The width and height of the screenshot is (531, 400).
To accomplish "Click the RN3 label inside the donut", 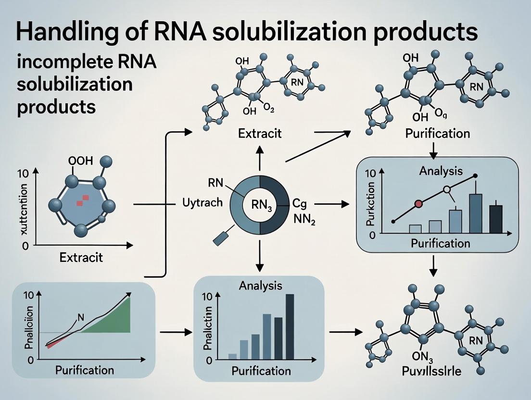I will pos(260,208).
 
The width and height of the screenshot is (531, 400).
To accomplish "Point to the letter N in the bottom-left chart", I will pos(80,317).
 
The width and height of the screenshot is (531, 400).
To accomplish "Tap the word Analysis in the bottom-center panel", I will pos(260,286).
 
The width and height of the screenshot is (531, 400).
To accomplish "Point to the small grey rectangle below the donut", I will pos(223,238).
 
